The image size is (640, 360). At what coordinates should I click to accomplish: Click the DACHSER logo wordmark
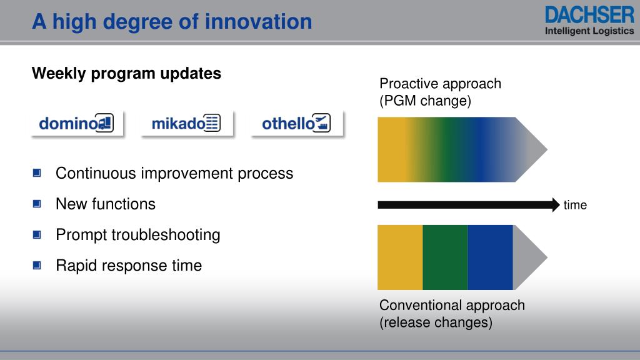pos(589,15)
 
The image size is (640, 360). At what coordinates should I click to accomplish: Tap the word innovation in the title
pos(258,21)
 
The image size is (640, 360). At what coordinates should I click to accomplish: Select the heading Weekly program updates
pos(126,74)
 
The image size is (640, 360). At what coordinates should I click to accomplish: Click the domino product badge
pos(77,123)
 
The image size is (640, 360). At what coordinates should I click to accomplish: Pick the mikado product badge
pos(186,123)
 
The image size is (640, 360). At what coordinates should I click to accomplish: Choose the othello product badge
pos(297,123)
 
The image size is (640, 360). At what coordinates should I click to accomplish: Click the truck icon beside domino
pos(105,122)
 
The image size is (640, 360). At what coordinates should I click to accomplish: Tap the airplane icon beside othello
pos(322,122)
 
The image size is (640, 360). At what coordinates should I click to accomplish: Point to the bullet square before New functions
pos(37,204)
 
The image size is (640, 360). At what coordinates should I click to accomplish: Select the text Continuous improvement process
pos(174,174)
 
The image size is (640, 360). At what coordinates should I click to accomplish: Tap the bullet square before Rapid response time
pos(37,265)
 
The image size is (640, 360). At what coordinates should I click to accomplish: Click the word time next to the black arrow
pos(575,205)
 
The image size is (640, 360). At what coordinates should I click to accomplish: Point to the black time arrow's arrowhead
pos(556,205)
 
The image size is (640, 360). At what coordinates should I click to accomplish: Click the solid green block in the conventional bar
pos(445,257)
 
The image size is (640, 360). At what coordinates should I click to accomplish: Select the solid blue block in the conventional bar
pos(490,257)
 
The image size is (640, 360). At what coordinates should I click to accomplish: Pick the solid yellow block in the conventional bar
pos(400,257)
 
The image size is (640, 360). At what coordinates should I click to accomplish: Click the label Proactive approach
pos(440,84)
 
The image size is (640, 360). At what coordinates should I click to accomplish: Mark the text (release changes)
pos(436,322)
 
